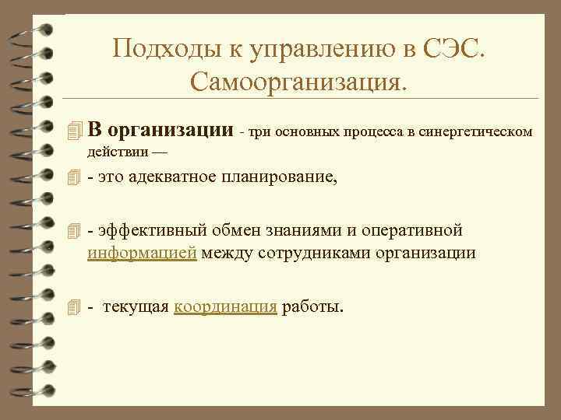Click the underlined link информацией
click(x=143, y=254)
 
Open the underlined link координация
click(x=225, y=306)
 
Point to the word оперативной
click(x=418, y=230)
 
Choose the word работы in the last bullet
click(x=312, y=306)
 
